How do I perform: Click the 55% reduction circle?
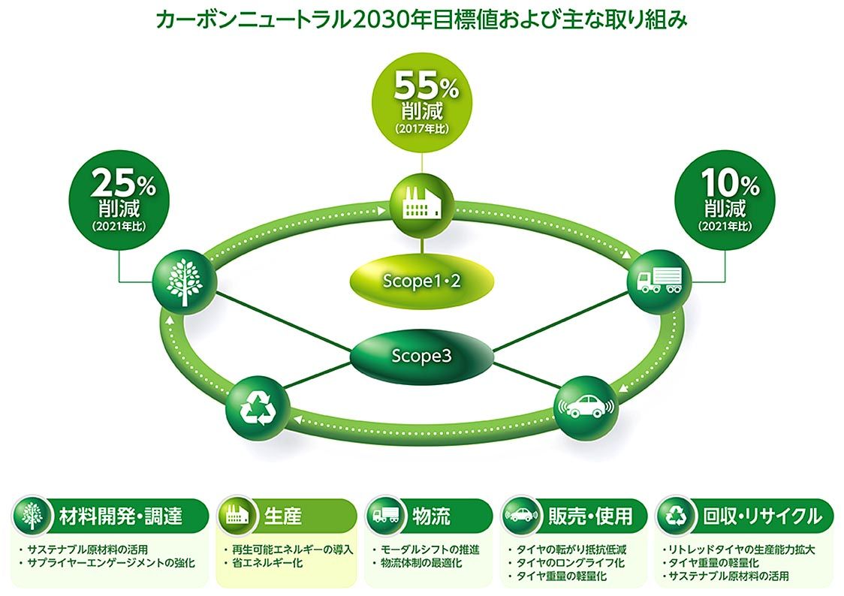click(x=422, y=102)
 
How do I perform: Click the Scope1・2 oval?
click(x=421, y=281)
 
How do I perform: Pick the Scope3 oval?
click(x=421, y=357)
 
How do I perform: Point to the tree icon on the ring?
click(x=185, y=282)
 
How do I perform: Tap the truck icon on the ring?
click(x=660, y=282)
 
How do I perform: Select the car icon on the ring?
click(x=586, y=407)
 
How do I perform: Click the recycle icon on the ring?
click(x=258, y=407)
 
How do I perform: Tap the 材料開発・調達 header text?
click(x=121, y=516)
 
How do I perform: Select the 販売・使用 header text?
click(x=590, y=516)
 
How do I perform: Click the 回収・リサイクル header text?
click(x=763, y=516)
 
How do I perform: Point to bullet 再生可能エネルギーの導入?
click(x=288, y=549)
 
